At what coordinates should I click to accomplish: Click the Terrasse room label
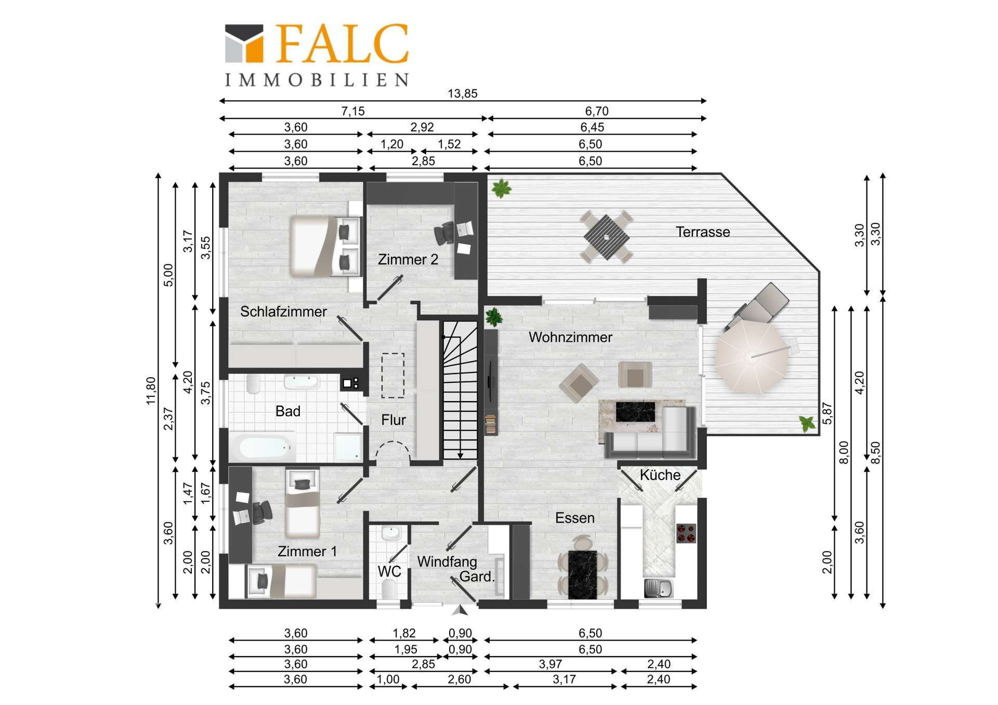[x=703, y=232]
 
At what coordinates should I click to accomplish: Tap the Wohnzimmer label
[x=570, y=337]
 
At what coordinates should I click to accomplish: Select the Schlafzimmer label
[x=283, y=311]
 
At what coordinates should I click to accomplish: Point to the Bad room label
[x=288, y=411]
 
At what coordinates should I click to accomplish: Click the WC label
[x=389, y=571]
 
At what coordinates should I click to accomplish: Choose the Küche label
[x=660, y=475]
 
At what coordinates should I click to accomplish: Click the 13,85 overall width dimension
[x=463, y=94]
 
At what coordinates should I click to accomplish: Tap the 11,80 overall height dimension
[x=151, y=391]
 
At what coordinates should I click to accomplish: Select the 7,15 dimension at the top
[x=353, y=111]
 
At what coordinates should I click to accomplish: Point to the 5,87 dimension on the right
[x=828, y=414]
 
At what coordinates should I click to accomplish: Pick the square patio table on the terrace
[x=606, y=237]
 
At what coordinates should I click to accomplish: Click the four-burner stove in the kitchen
[x=686, y=533]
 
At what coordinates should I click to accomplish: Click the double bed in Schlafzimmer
[x=325, y=246]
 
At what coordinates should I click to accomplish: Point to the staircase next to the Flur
[x=459, y=390]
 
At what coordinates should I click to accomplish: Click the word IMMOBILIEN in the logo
[x=317, y=79]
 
